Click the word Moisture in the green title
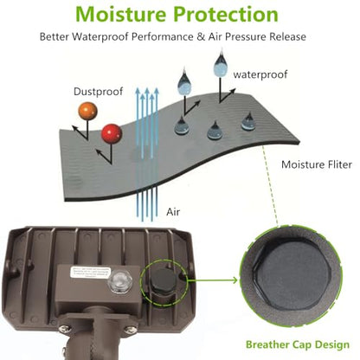coord(121,14)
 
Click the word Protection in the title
coord(226,14)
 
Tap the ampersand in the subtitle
coord(201,37)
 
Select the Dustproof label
coord(99,92)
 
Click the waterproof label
coord(260,74)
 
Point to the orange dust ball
coord(87,111)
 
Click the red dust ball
coord(112,134)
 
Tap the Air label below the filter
coord(173,212)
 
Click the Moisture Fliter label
coord(317,164)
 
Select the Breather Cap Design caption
coord(298,344)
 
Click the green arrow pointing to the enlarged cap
coord(212,280)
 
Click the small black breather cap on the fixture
coord(163,280)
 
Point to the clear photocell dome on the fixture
coord(119,282)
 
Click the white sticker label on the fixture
coord(91,273)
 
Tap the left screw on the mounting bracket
coord(64,329)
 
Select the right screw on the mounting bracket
coord(132,330)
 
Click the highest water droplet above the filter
coord(222,64)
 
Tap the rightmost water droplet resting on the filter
coord(248,122)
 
